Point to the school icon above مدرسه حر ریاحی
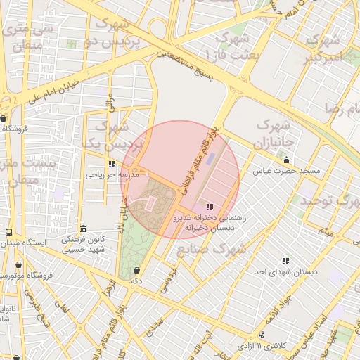pos(112,163)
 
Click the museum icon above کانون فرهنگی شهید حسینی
pos(83,229)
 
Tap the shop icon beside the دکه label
pos(136,271)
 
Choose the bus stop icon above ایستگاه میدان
pos(8,232)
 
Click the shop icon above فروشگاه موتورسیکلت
pos(18,265)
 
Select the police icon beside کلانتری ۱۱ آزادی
pos(262,335)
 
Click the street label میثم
pos(324,230)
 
